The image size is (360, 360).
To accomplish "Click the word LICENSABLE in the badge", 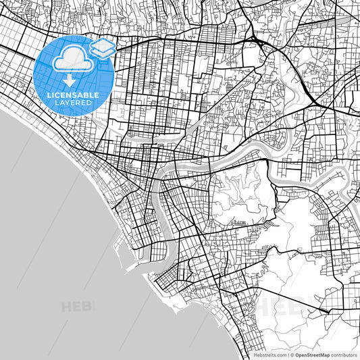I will pos(74,95).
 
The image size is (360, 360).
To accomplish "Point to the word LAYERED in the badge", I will pos(74,103).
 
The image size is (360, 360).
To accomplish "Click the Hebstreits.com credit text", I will pos(265,354).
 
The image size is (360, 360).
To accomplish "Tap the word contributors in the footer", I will pos(343,354).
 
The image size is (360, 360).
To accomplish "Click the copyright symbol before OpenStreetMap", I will pos(291,354).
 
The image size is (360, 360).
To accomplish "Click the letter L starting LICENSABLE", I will pos(49,95).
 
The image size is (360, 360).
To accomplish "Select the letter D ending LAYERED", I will pos(89,103).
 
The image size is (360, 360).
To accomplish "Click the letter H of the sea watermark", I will pos(66,307).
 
